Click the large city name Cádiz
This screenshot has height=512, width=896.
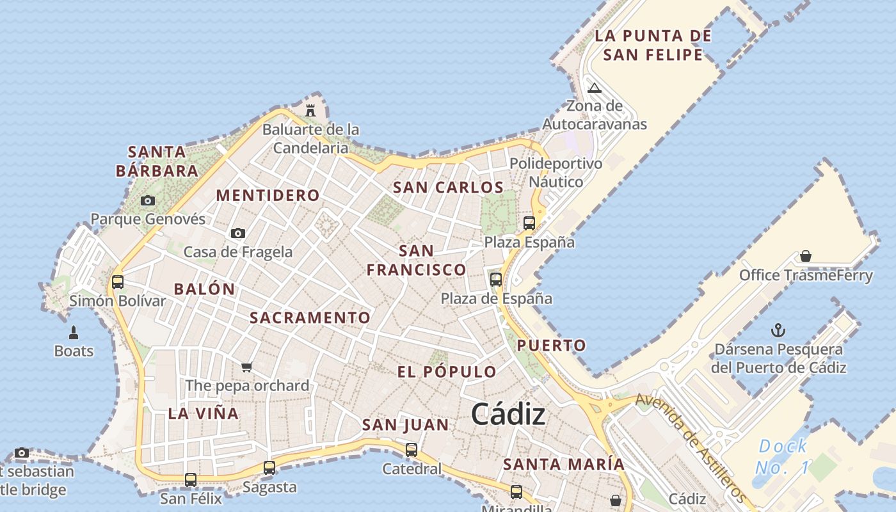click(509, 415)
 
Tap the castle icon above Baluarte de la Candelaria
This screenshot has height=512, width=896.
click(310, 110)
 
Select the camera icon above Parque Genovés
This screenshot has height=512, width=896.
click(148, 200)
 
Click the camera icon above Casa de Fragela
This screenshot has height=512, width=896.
click(238, 233)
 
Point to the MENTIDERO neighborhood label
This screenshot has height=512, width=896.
click(268, 195)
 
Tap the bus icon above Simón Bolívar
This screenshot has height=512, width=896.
click(118, 282)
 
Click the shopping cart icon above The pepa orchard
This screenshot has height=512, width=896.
click(247, 367)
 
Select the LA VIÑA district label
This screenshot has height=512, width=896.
click(204, 413)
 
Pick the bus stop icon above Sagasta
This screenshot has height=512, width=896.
click(269, 468)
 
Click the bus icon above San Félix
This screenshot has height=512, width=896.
click(191, 479)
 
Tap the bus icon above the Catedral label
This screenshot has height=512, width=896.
click(412, 450)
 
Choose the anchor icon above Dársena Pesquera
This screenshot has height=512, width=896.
click(778, 330)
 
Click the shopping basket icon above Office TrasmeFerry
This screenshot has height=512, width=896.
click(806, 257)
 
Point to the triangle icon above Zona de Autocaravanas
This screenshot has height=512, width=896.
click(595, 88)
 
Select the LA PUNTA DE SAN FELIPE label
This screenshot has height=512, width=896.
click(653, 45)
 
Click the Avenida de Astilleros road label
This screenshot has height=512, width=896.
click(691, 448)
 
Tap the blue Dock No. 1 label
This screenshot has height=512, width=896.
click(782, 457)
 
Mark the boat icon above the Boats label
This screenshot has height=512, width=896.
click(74, 333)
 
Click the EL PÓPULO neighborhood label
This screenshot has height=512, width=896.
click(447, 372)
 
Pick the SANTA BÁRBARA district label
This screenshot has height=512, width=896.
click(157, 161)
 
